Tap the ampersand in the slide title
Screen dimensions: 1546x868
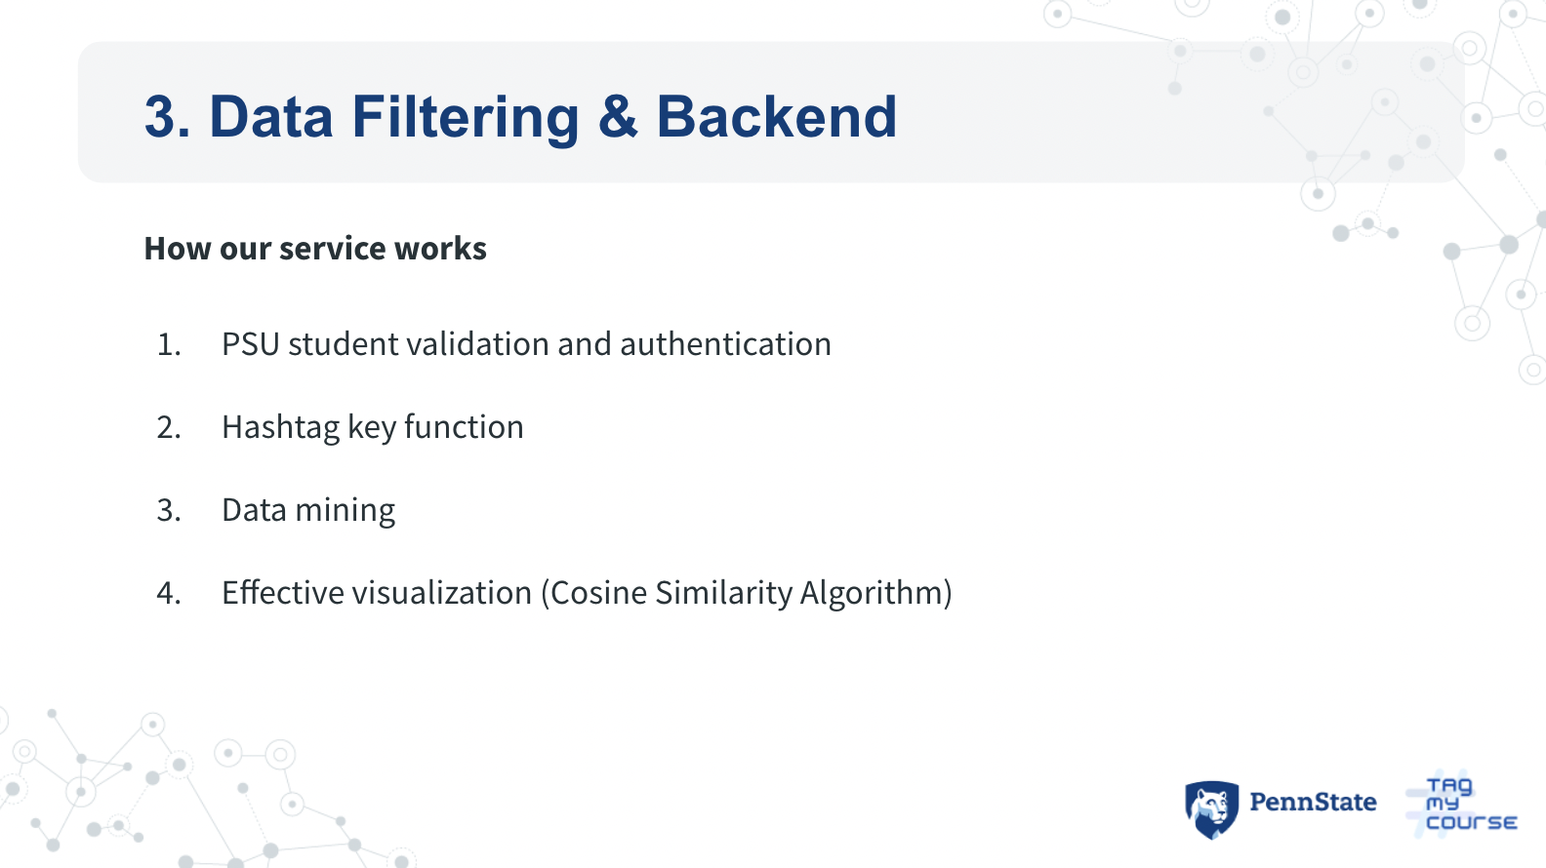tap(618, 117)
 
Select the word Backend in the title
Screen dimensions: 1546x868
tap(776, 117)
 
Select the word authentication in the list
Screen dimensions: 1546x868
tap(725, 344)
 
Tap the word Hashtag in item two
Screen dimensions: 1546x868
tap(280, 428)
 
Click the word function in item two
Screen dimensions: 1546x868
tap(464, 427)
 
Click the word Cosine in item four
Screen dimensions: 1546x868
tap(598, 593)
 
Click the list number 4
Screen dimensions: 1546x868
tap(168, 593)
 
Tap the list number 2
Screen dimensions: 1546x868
tap(168, 428)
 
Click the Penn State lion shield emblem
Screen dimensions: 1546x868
tap(1211, 809)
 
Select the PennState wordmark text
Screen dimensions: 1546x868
tap(1313, 803)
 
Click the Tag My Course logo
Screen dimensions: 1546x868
tap(1464, 805)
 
